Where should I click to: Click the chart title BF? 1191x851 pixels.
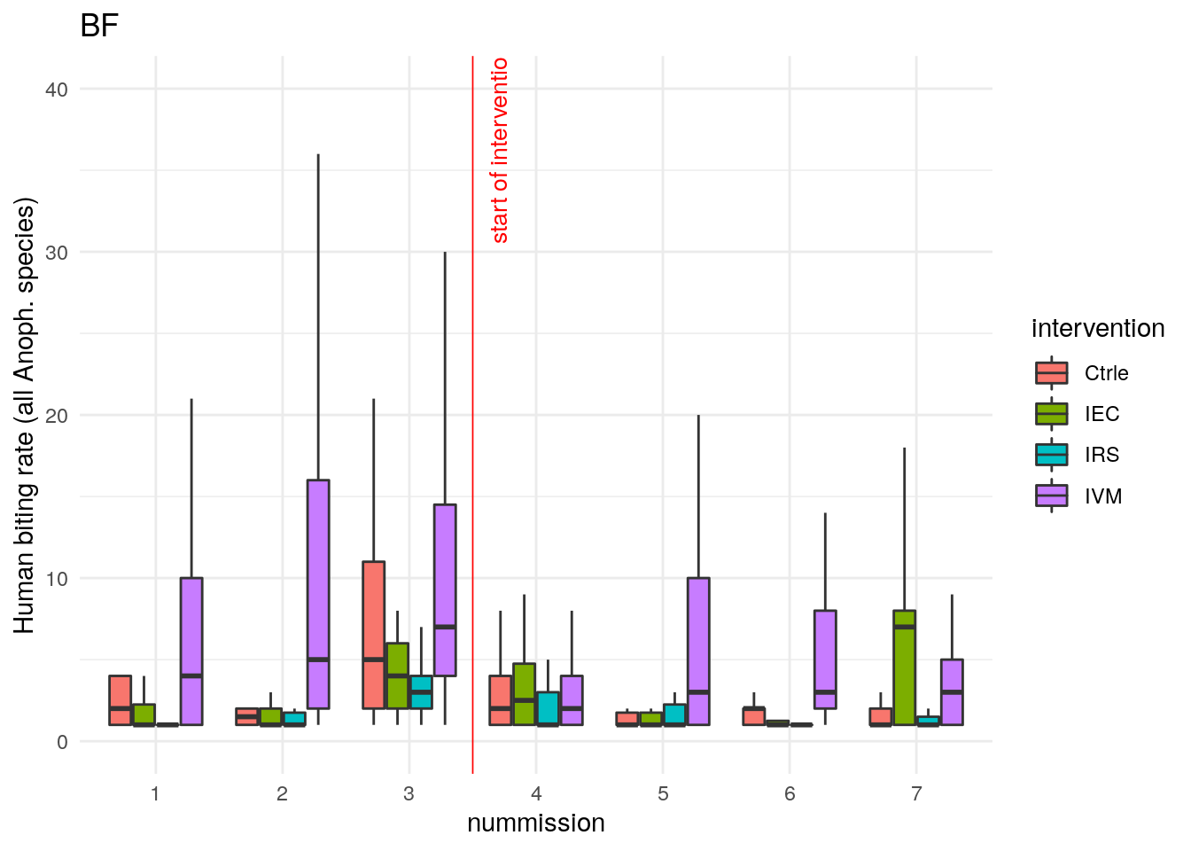tap(98, 26)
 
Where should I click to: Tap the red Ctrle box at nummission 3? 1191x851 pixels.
tap(373, 635)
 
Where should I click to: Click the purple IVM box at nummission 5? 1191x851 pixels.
tap(698, 652)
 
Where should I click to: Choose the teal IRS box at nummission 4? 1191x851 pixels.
tap(548, 708)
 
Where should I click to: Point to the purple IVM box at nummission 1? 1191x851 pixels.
tap(191, 652)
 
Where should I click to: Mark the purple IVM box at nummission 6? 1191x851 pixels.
tap(825, 660)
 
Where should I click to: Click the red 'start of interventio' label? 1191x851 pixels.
tap(500, 151)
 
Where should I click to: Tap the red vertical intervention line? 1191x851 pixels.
tap(472, 443)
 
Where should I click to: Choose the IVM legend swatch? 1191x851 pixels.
tap(1052, 496)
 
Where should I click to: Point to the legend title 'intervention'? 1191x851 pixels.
tap(1097, 328)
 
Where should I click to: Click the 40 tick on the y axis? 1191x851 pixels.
tap(57, 90)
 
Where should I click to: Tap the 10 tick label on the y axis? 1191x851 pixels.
tap(57, 579)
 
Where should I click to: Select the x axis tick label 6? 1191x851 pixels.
tap(790, 793)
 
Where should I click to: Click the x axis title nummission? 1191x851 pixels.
tap(535, 823)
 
